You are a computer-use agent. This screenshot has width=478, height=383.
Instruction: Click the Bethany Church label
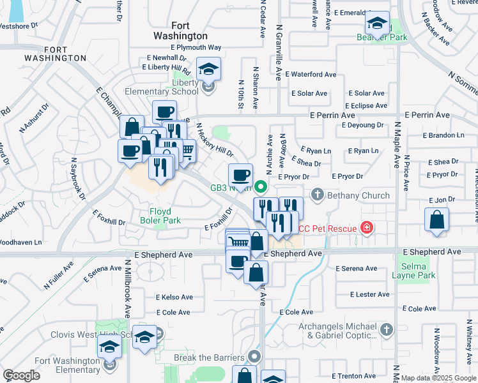358,195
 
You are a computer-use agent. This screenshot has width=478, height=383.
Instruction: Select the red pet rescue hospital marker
366,227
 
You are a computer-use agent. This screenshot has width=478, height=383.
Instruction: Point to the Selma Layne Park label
417,271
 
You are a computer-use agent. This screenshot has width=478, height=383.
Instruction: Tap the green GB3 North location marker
260,188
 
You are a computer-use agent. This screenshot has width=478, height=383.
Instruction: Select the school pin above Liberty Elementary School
208,68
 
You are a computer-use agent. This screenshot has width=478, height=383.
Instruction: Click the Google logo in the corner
21,375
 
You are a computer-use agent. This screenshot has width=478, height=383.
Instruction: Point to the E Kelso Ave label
174,297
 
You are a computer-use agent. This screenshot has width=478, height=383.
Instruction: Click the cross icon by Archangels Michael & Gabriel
385,330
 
